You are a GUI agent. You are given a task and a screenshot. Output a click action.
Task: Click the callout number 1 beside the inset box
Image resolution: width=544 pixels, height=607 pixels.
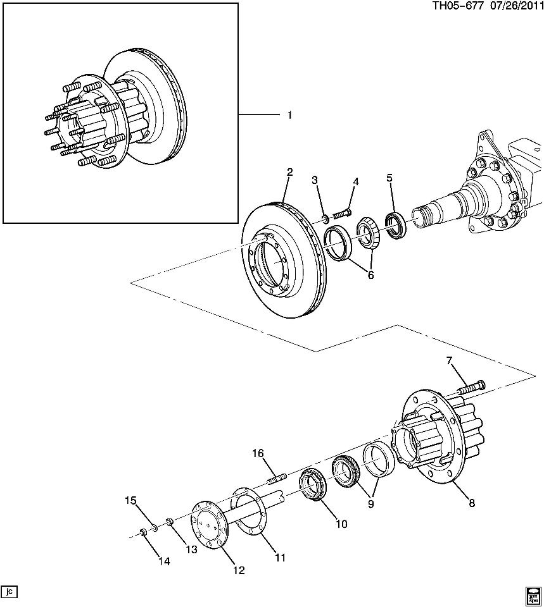tap(289, 115)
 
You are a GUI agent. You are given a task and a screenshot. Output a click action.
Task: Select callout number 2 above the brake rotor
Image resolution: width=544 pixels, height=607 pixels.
tap(289, 173)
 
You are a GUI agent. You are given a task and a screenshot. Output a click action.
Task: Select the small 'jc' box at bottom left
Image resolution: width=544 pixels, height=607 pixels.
tap(9, 592)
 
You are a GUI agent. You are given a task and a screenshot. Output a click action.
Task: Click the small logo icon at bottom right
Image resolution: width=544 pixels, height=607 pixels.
tap(532, 594)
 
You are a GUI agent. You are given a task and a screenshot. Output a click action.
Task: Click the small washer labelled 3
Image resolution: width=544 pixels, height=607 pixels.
tap(324, 219)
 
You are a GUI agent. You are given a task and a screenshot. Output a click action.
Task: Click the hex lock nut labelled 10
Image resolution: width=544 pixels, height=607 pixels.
tap(312, 486)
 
